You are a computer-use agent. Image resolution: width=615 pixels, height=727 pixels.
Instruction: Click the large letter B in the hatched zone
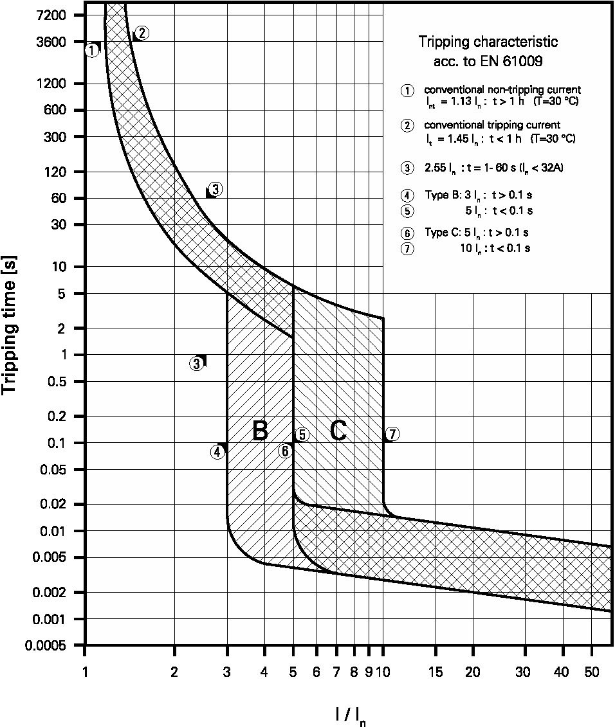pos(260,431)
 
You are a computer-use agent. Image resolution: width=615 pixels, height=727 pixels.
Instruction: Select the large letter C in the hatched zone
pos(338,431)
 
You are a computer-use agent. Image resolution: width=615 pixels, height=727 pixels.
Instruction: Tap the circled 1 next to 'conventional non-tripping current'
pos(407,90)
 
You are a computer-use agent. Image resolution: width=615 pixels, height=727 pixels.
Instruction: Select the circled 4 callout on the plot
pos(217,452)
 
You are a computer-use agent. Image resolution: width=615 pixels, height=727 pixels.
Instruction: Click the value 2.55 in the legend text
pos(435,168)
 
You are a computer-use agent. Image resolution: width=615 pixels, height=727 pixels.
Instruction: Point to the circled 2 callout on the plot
pos(143,33)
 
